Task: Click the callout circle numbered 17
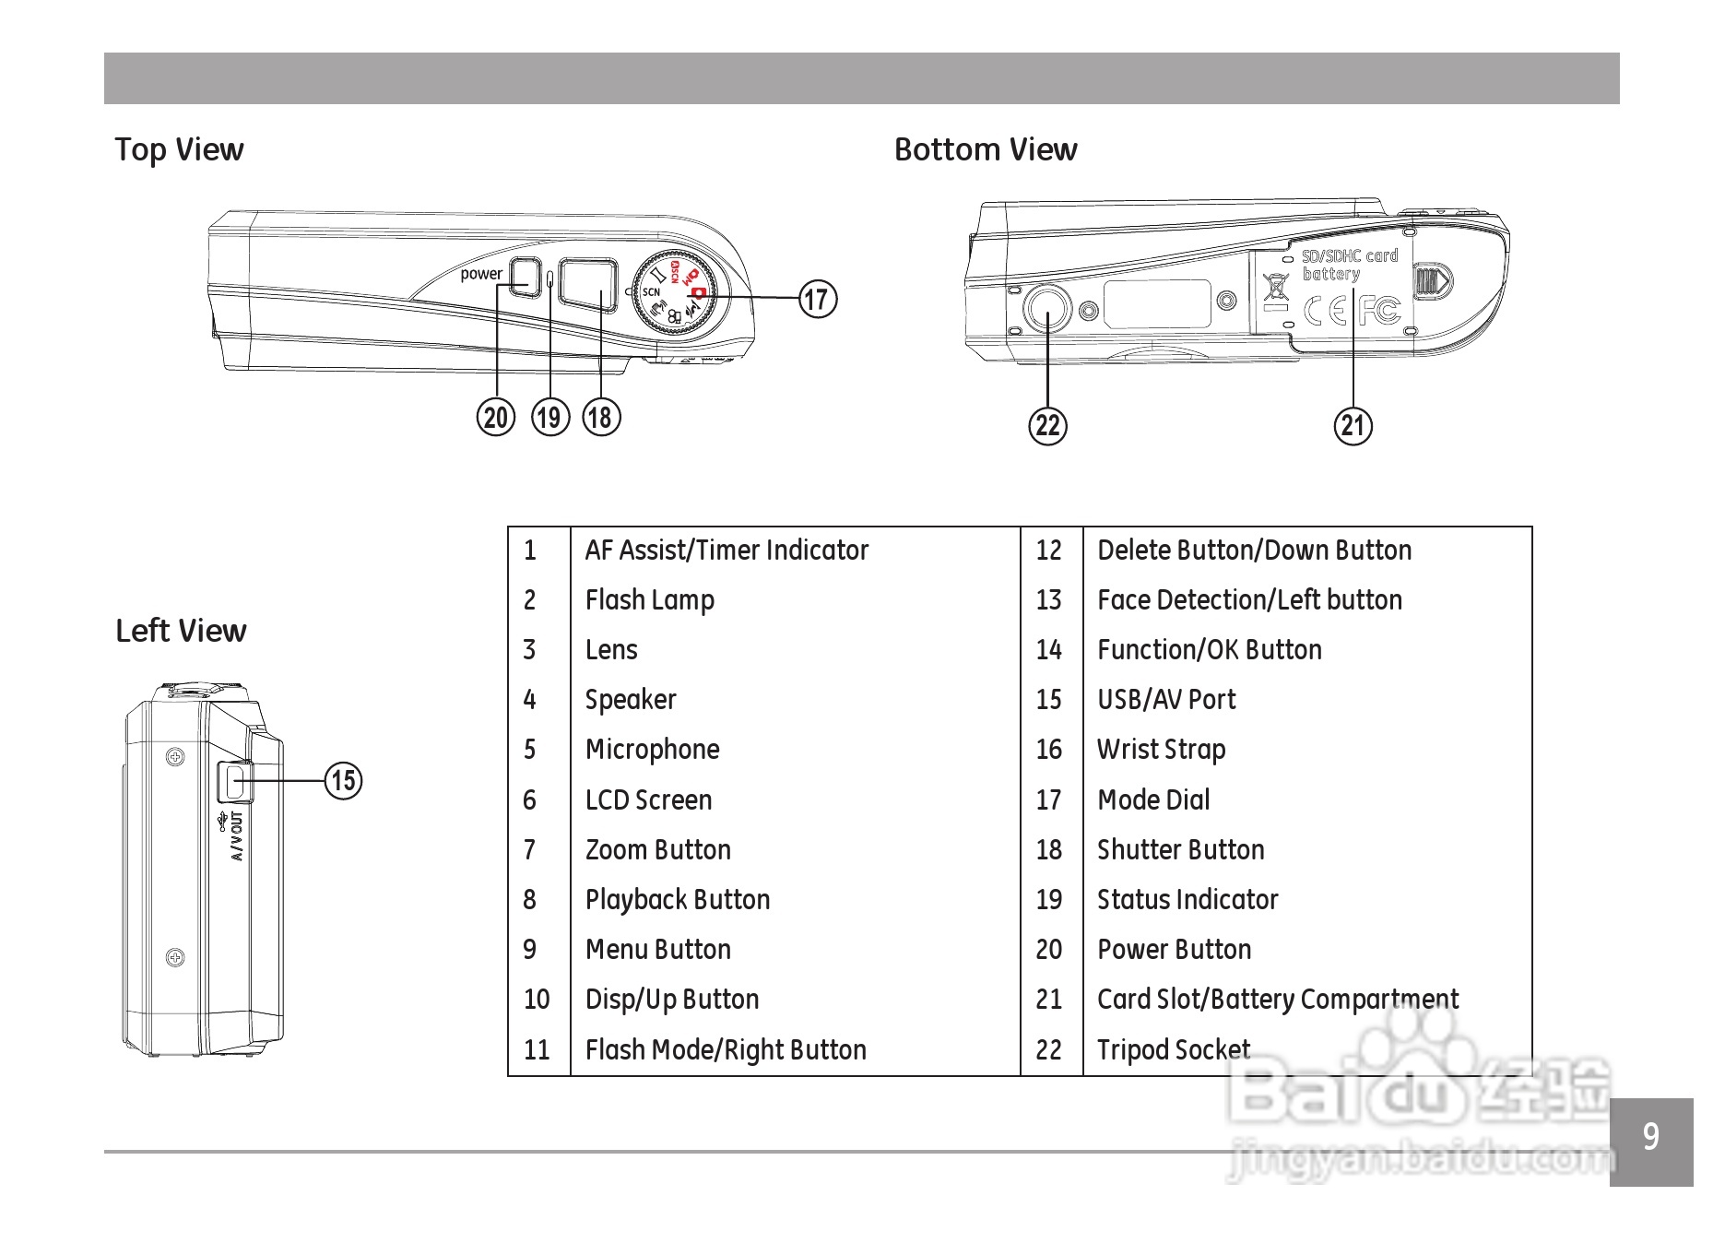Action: click(x=818, y=299)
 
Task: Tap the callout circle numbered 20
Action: click(x=496, y=417)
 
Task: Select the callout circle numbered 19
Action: click(x=550, y=417)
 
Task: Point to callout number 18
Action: click(x=601, y=417)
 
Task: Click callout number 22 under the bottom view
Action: click(x=1047, y=425)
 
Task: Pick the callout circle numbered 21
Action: click(x=1353, y=425)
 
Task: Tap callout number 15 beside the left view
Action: click(x=343, y=780)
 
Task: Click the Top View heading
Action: click(x=179, y=149)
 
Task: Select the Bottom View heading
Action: click(x=986, y=149)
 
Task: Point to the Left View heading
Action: click(x=181, y=631)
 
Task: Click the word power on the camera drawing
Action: click(x=481, y=274)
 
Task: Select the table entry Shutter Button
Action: click(x=1180, y=850)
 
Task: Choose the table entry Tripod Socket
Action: click(x=1174, y=1049)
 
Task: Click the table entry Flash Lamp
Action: click(x=650, y=600)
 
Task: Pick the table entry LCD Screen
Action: click(x=648, y=799)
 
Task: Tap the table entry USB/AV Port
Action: click(x=1166, y=700)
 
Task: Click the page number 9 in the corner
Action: click(x=1651, y=1137)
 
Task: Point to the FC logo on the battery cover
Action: click(x=1380, y=311)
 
